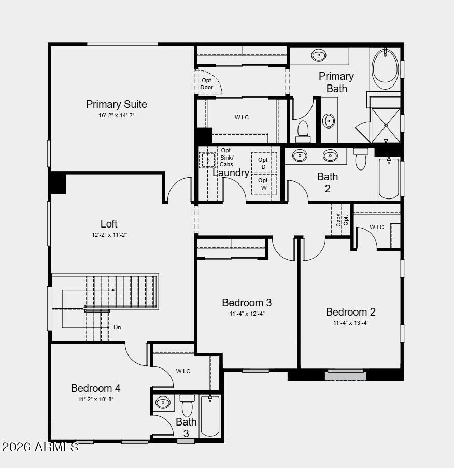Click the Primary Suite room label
pyautogui.click(x=117, y=104)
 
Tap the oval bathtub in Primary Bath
pyautogui.click(x=385, y=66)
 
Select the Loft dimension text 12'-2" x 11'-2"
pyautogui.click(x=109, y=235)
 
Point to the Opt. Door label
pyautogui.click(x=207, y=84)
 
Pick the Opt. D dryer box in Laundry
pyautogui.click(x=263, y=163)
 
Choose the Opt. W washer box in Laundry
pyautogui.click(x=263, y=184)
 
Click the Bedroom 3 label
pyautogui.click(x=247, y=303)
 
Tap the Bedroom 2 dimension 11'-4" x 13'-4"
pyautogui.click(x=351, y=323)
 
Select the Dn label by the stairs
pyautogui.click(x=117, y=327)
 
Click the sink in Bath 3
pyautogui.click(x=163, y=403)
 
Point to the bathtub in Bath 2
pyautogui.click(x=389, y=179)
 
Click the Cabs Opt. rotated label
pyautogui.click(x=342, y=220)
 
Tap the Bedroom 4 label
pyautogui.click(x=96, y=388)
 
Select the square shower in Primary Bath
pyautogui.click(x=386, y=125)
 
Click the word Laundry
pyautogui.click(x=231, y=173)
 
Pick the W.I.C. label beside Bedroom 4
pyautogui.click(x=184, y=371)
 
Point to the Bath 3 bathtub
pyautogui.click(x=210, y=416)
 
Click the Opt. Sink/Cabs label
pyautogui.click(x=226, y=158)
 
